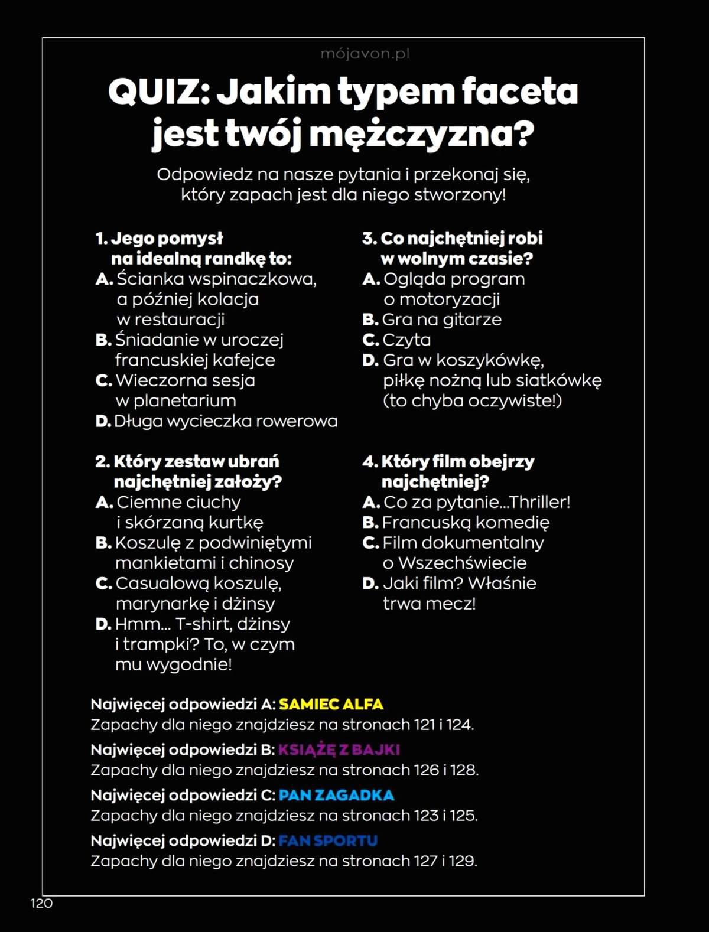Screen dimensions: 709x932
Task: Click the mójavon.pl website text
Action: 365,54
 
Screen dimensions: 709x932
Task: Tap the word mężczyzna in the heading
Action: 421,135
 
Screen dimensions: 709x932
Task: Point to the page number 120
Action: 41,903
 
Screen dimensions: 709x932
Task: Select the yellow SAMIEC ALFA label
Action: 331,704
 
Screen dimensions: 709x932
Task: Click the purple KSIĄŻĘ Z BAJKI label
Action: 339,749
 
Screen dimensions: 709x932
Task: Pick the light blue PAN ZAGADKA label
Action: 336,795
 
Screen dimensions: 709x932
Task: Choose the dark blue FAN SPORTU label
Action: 328,840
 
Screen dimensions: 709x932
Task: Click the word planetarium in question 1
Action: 184,401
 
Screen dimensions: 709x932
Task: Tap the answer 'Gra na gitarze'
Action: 441,320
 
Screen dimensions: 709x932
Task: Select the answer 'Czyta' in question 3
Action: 406,340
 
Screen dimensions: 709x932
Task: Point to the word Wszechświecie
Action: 462,563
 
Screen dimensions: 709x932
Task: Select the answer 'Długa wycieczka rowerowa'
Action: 225,421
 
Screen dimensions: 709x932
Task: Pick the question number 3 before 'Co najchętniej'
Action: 369,239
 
